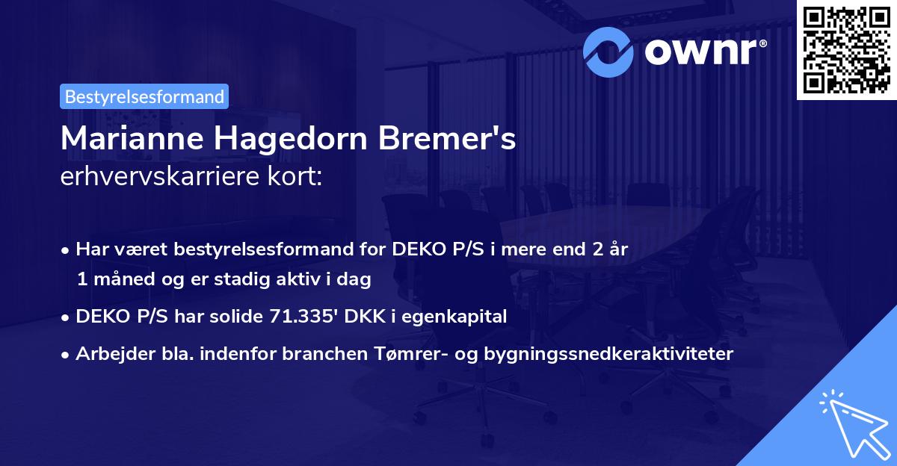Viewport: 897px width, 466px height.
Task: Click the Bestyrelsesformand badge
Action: click(x=144, y=96)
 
